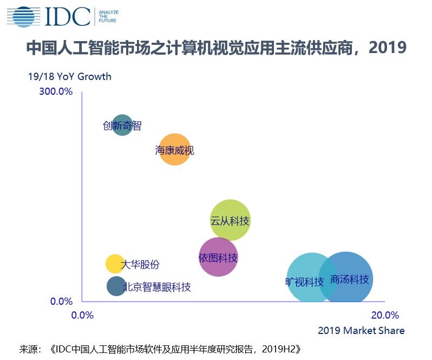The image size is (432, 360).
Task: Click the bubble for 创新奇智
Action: point(123,126)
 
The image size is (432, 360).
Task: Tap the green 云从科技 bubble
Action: point(230,220)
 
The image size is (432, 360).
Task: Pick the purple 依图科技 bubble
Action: point(218,257)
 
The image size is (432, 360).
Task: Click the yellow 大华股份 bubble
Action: point(115,264)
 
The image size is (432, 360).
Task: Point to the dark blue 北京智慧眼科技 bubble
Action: point(116,286)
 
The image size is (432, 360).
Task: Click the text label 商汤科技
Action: point(350,279)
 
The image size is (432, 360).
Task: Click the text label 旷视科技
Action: point(304,282)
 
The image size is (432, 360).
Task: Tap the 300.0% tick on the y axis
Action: point(56,91)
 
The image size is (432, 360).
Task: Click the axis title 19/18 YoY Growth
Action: point(70,76)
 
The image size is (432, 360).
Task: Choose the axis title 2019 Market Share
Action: point(361,330)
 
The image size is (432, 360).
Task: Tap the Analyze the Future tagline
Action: point(108,17)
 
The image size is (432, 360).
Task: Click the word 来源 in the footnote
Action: point(29,349)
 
